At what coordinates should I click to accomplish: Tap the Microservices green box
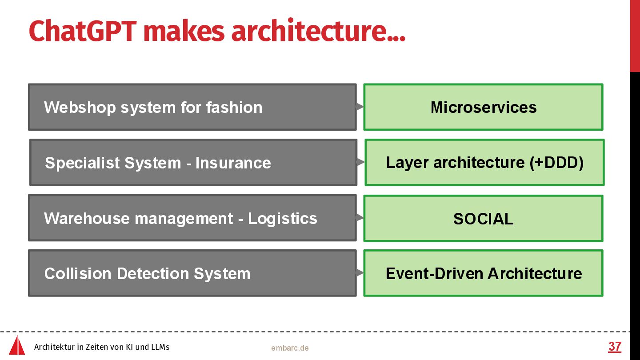[x=483, y=107]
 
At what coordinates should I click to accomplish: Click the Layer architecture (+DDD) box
[x=484, y=162]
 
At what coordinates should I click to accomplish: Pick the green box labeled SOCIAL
[x=483, y=218]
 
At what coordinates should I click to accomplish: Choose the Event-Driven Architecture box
[x=483, y=273]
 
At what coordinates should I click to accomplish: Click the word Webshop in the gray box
[x=80, y=108]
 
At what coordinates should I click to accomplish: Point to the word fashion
[x=234, y=108]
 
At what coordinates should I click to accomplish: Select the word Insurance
[x=233, y=163]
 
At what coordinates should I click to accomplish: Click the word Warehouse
[x=87, y=219]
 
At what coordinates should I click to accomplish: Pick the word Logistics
[x=282, y=219]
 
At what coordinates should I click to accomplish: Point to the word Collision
[x=78, y=273]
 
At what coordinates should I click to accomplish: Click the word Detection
[x=153, y=273]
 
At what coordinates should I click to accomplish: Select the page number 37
[x=615, y=347]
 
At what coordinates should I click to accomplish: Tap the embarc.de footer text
[x=290, y=348]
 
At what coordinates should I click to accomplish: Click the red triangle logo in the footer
[x=17, y=345]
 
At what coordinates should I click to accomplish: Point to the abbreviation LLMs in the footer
[x=160, y=347]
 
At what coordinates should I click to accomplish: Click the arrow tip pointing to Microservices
[x=363, y=107]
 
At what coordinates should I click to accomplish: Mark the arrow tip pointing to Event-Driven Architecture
[x=363, y=272]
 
